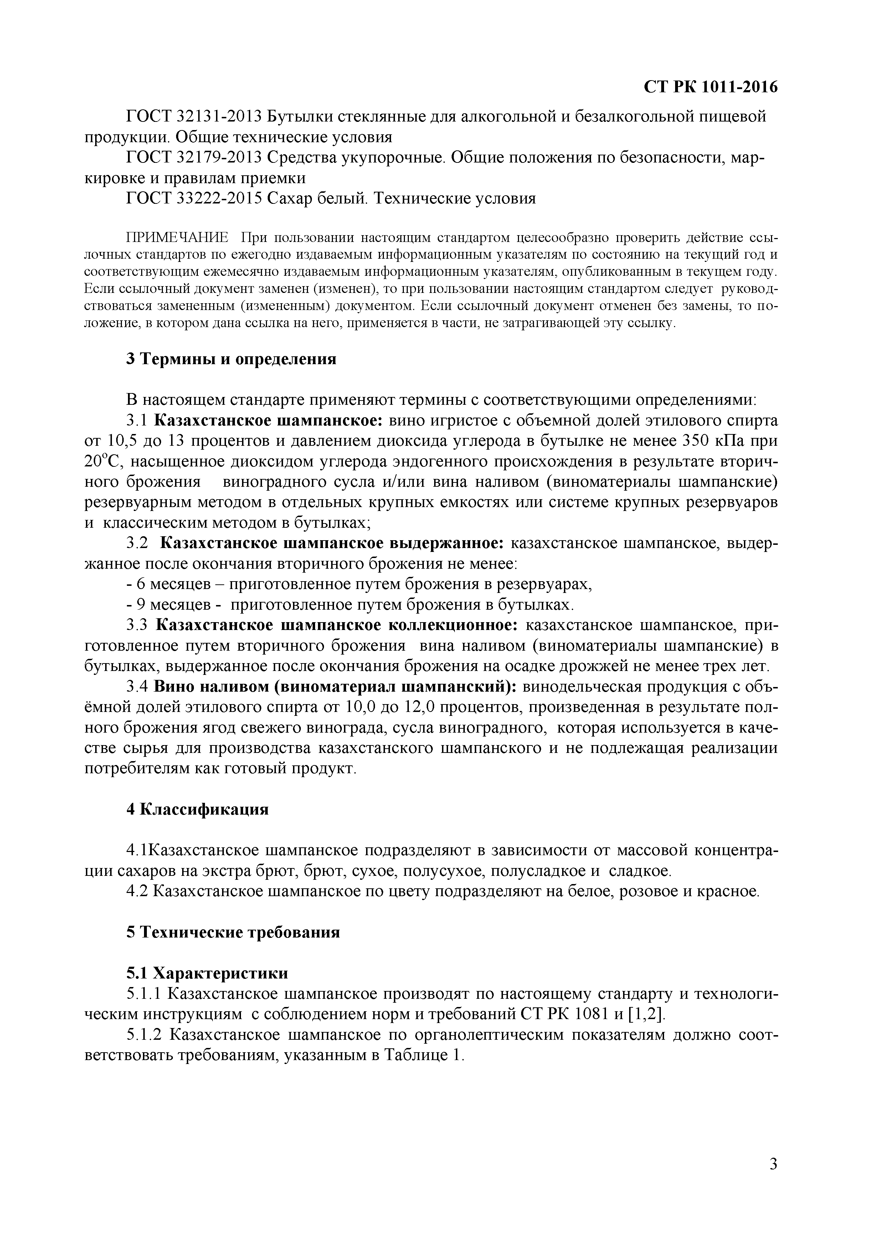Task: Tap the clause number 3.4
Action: pos(137,687)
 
